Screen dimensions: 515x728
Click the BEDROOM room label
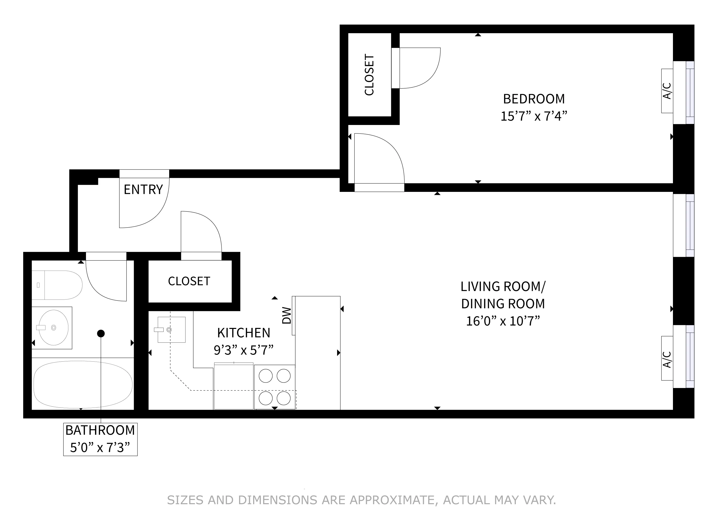[x=534, y=99]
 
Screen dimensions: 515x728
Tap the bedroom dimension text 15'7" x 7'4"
[x=534, y=116]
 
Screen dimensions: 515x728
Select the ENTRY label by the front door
[x=143, y=190]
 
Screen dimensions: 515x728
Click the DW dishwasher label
[x=287, y=316]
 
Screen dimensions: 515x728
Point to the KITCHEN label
[x=244, y=333]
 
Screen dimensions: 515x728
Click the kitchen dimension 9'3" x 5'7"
[x=244, y=350]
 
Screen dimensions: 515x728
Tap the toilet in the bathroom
[x=57, y=285]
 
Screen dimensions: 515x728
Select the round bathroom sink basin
[x=54, y=328]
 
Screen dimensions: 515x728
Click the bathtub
[x=83, y=385]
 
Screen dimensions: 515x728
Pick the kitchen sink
[x=171, y=330]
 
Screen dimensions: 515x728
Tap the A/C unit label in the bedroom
[x=667, y=91]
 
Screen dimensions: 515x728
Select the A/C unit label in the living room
[x=667, y=359]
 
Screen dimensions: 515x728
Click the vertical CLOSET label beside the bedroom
[x=369, y=75]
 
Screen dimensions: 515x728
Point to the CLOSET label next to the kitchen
[x=189, y=281]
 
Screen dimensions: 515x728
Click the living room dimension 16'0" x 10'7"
[x=503, y=321]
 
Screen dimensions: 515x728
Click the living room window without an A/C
[x=684, y=226]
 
